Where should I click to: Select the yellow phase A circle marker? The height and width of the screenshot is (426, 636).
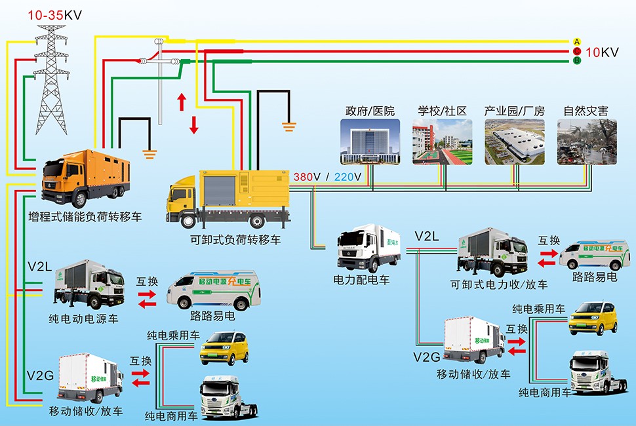[577, 41]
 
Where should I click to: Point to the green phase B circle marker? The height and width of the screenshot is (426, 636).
[577, 61]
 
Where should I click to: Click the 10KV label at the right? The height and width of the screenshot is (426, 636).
[601, 52]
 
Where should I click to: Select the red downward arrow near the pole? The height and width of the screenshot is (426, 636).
[193, 123]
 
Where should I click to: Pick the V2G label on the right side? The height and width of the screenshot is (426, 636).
[426, 357]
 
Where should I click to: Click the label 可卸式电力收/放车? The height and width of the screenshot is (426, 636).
[499, 285]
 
